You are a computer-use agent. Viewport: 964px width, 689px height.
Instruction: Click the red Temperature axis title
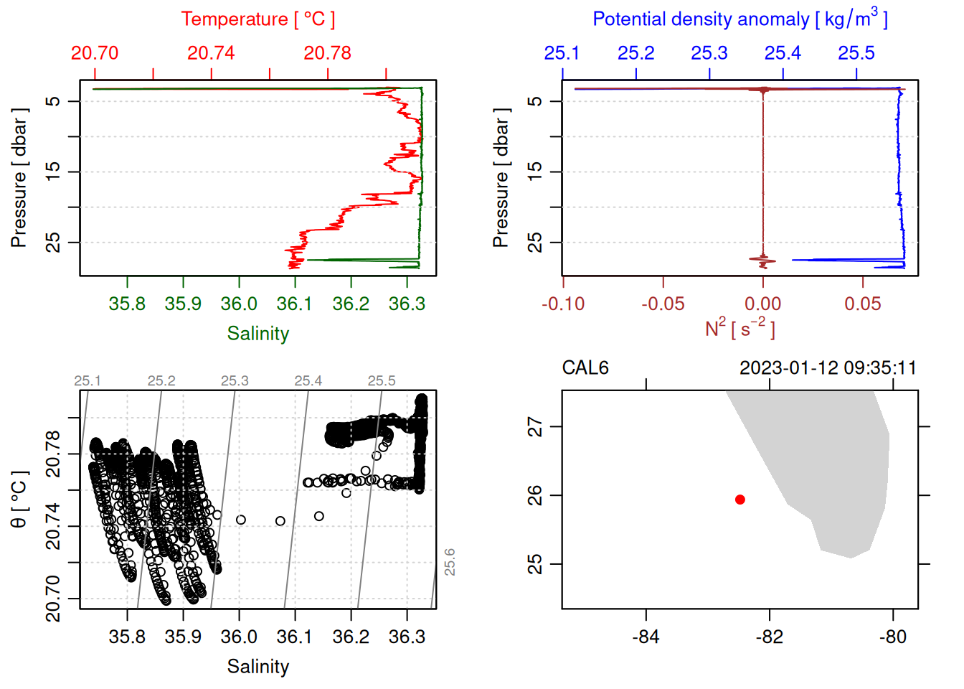pos(257,19)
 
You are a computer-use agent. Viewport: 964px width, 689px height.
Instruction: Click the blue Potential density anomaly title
pos(739,19)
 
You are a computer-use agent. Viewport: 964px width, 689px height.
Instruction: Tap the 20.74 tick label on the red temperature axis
pos(211,53)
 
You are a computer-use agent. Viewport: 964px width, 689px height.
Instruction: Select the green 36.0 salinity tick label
pos(239,304)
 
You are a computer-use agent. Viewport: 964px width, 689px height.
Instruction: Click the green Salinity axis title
pos(257,334)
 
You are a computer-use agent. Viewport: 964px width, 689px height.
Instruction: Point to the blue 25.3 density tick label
pos(709,53)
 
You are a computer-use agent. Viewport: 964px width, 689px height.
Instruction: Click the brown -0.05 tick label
pos(663,304)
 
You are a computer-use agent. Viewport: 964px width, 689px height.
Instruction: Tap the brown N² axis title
pos(739,329)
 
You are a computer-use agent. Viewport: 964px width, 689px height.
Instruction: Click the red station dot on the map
pos(740,500)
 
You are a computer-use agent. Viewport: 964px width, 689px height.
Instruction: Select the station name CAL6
pos(585,368)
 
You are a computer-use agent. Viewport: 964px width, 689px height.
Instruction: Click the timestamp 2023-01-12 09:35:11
pos(828,368)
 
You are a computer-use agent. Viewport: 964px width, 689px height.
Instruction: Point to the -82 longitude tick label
pos(770,637)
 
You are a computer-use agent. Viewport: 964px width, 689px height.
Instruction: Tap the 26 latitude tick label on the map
pos(535,495)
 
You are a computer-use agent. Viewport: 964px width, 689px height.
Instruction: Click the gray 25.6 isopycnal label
pos(450,562)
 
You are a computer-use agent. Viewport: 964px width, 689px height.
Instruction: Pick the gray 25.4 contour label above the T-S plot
pos(308,381)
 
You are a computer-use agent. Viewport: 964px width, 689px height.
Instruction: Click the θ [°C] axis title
pos(19,500)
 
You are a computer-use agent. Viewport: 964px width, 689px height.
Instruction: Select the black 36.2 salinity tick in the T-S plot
pos(351,637)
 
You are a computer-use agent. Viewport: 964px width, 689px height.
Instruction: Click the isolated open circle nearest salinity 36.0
pos(241,520)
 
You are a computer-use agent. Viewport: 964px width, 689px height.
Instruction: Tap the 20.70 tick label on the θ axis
pos(53,598)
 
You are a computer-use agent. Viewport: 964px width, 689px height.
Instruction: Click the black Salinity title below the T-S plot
pos(257,667)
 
